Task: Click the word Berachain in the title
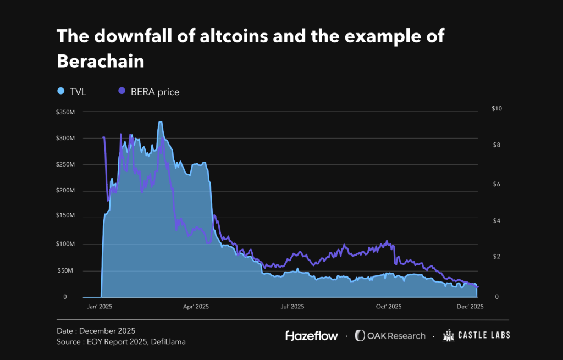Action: pyautogui.click(x=101, y=61)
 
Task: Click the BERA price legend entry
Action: pyautogui.click(x=148, y=92)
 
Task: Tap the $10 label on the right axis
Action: pyautogui.click(x=496, y=109)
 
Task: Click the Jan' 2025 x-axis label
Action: pyautogui.click(x=100, y=307)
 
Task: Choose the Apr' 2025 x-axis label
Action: pyautogui.click(x=195, y=307)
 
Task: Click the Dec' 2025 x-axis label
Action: pyautogui.click(x=470, y=307)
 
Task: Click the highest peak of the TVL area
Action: pyautogui.click(x=160, y=122)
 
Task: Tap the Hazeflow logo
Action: pyautogui.click(x=311, y=335)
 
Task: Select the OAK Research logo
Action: pyautogui.click(x=390, y=335)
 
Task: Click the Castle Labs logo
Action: pyautogui.click(x=476, y=335)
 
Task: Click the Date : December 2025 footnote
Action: pyautogui.click(x=96, y=331)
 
